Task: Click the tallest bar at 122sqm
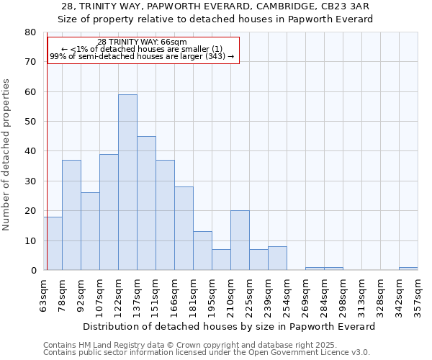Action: [127, 182]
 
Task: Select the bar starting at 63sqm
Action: [53, 243]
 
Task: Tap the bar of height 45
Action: [146, 203]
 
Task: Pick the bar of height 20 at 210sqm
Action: [240, 240]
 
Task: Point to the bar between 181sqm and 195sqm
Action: [202, 251]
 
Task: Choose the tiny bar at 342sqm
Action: [408, 269]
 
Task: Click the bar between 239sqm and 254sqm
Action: [277, 258]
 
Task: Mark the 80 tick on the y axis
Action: [30, 32]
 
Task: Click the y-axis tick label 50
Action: [30, 122]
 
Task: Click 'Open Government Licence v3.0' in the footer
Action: [309, 352]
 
